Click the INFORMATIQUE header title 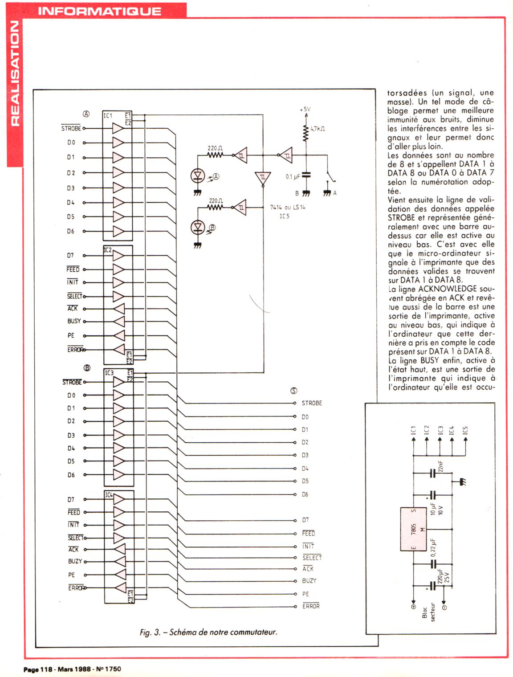tap(99, 11)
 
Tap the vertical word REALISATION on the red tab tap(15, 73)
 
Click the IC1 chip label tap(108, 116)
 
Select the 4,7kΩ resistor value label tap(318, 129)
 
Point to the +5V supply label tap(305, 109)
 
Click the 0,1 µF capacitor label tap(293, 177)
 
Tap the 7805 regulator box tap(414, 529)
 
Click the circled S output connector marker tap(293, 391)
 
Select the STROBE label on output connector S tap(312, 403)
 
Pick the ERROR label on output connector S tap(311, 606)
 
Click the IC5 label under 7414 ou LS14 tap(284, 216)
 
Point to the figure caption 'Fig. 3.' tap(150, 632)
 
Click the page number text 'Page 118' tap(38, 669)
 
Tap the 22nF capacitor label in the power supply tap(440, 466)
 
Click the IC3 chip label tap(109, 373)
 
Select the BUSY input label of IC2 tap(74, 321)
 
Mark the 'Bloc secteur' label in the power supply tap(428, 614)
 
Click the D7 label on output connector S tap(305, 520)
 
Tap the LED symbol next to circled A tap(197, 176)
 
